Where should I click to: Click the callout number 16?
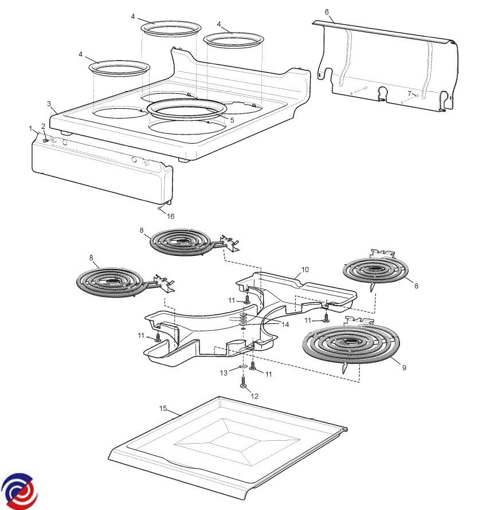(x=171, y=216)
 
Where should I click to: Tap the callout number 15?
(x=163, y=408)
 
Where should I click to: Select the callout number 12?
(x=254, y=396)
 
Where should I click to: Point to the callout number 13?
(x=223, y=373)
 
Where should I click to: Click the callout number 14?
(x=285, y=325)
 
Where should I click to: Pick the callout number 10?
(x=305, y=270)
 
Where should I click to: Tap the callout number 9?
(x=404, y=367)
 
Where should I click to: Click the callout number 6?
(x=327, y=12)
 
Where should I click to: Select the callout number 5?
(x=232, y=120)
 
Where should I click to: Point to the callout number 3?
(x=49, y=104)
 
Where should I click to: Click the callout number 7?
(x=410, y=94)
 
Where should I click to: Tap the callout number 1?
(x=30, y=128)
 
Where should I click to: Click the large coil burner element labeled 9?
(x=351, y=345)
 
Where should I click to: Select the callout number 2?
(x=43, y=126)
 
